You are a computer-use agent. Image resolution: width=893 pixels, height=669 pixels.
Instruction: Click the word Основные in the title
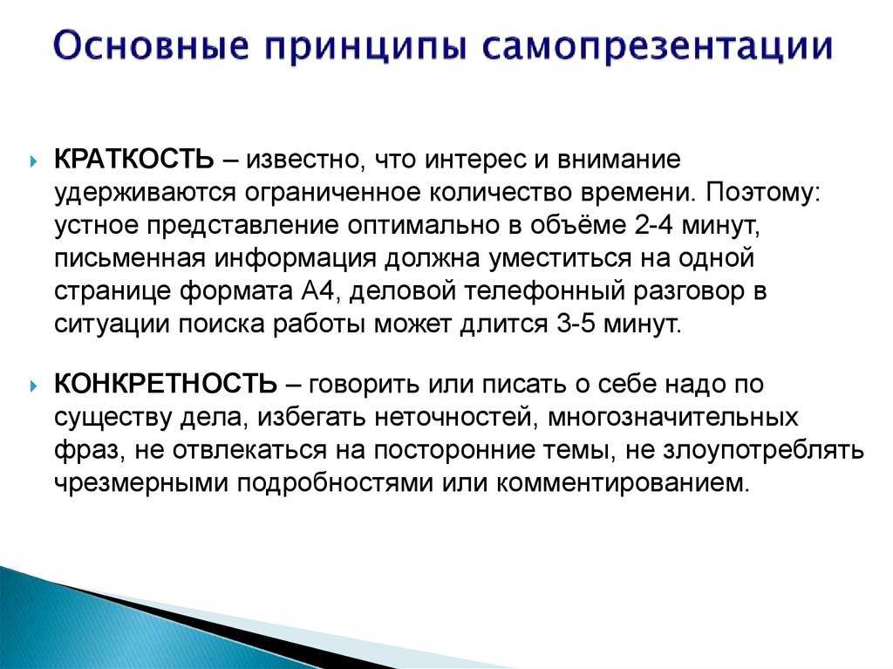152,46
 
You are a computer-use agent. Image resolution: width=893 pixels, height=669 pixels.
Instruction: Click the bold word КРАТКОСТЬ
133,160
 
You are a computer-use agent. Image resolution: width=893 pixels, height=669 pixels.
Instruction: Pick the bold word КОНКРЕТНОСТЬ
165,384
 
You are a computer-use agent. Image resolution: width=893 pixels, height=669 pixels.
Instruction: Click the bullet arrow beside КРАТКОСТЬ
34,160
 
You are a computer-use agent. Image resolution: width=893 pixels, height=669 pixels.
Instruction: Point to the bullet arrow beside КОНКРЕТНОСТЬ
34,386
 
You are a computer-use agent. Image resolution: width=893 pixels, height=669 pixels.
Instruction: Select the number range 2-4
653,225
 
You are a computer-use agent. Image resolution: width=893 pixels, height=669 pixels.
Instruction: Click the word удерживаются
145,194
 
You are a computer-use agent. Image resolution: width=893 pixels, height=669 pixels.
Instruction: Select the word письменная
129,259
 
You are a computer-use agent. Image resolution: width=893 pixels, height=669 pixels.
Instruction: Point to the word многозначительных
672,417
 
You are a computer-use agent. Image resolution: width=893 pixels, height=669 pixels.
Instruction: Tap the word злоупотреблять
764,451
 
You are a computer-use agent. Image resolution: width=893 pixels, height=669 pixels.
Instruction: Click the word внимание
619,160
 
